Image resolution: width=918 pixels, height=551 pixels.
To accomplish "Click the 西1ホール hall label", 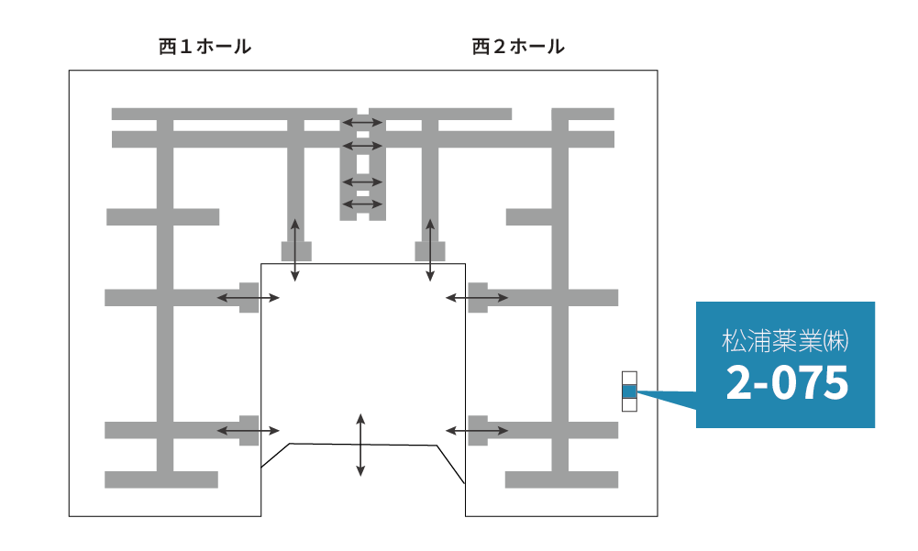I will pyautogui.click(x=205, y=47).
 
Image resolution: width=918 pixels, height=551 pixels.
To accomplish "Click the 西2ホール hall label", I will pyautogui.click(x=518, y=47).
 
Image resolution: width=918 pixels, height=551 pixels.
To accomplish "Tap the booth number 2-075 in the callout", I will pyautogui.click(x=786, y=383).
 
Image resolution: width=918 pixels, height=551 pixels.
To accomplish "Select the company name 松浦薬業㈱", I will pyautogui.click(x=785, y=342).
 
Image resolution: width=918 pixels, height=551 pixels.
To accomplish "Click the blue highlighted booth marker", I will pyautogui.click(x=628, y=391).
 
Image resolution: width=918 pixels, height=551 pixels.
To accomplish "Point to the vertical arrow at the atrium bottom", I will pyautogui.click(x=360, y=446).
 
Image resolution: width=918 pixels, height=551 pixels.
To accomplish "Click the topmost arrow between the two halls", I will pyautogui.click(x=362, y=122).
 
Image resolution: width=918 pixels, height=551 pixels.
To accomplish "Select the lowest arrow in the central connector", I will pyautogui.click(x=362, y=204).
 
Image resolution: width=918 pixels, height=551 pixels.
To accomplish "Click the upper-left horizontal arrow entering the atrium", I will pyautogui.click(x=249, y=297).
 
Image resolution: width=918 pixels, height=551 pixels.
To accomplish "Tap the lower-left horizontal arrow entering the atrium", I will pyautogui.click(x=249, y=430).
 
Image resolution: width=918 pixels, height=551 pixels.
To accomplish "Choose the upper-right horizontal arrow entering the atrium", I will pyautogui.click(x=476, y=297).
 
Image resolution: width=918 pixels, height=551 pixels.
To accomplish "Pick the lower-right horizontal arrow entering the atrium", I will pyautogui.click(x=476, y=430).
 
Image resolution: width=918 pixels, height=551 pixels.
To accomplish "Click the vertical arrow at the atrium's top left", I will pyautogui.click(x=294, y=249).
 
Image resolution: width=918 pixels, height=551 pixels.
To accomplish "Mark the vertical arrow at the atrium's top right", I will pyautogui.click(x=430, y=249).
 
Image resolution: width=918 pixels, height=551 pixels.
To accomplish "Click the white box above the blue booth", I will pyautogui.click(x=628, y=378).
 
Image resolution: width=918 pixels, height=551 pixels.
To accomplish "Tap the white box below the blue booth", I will pyautogui.click(x=628, y=404).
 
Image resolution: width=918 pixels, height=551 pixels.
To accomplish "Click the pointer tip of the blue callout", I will pyautogui.click(x=638, y=392).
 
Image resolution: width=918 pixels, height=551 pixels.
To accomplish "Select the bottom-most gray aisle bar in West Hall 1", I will pyautogui.click(x=161, y=479).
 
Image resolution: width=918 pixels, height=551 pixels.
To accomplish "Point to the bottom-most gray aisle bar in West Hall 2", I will pyautogui.click(x=561, y=479).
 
